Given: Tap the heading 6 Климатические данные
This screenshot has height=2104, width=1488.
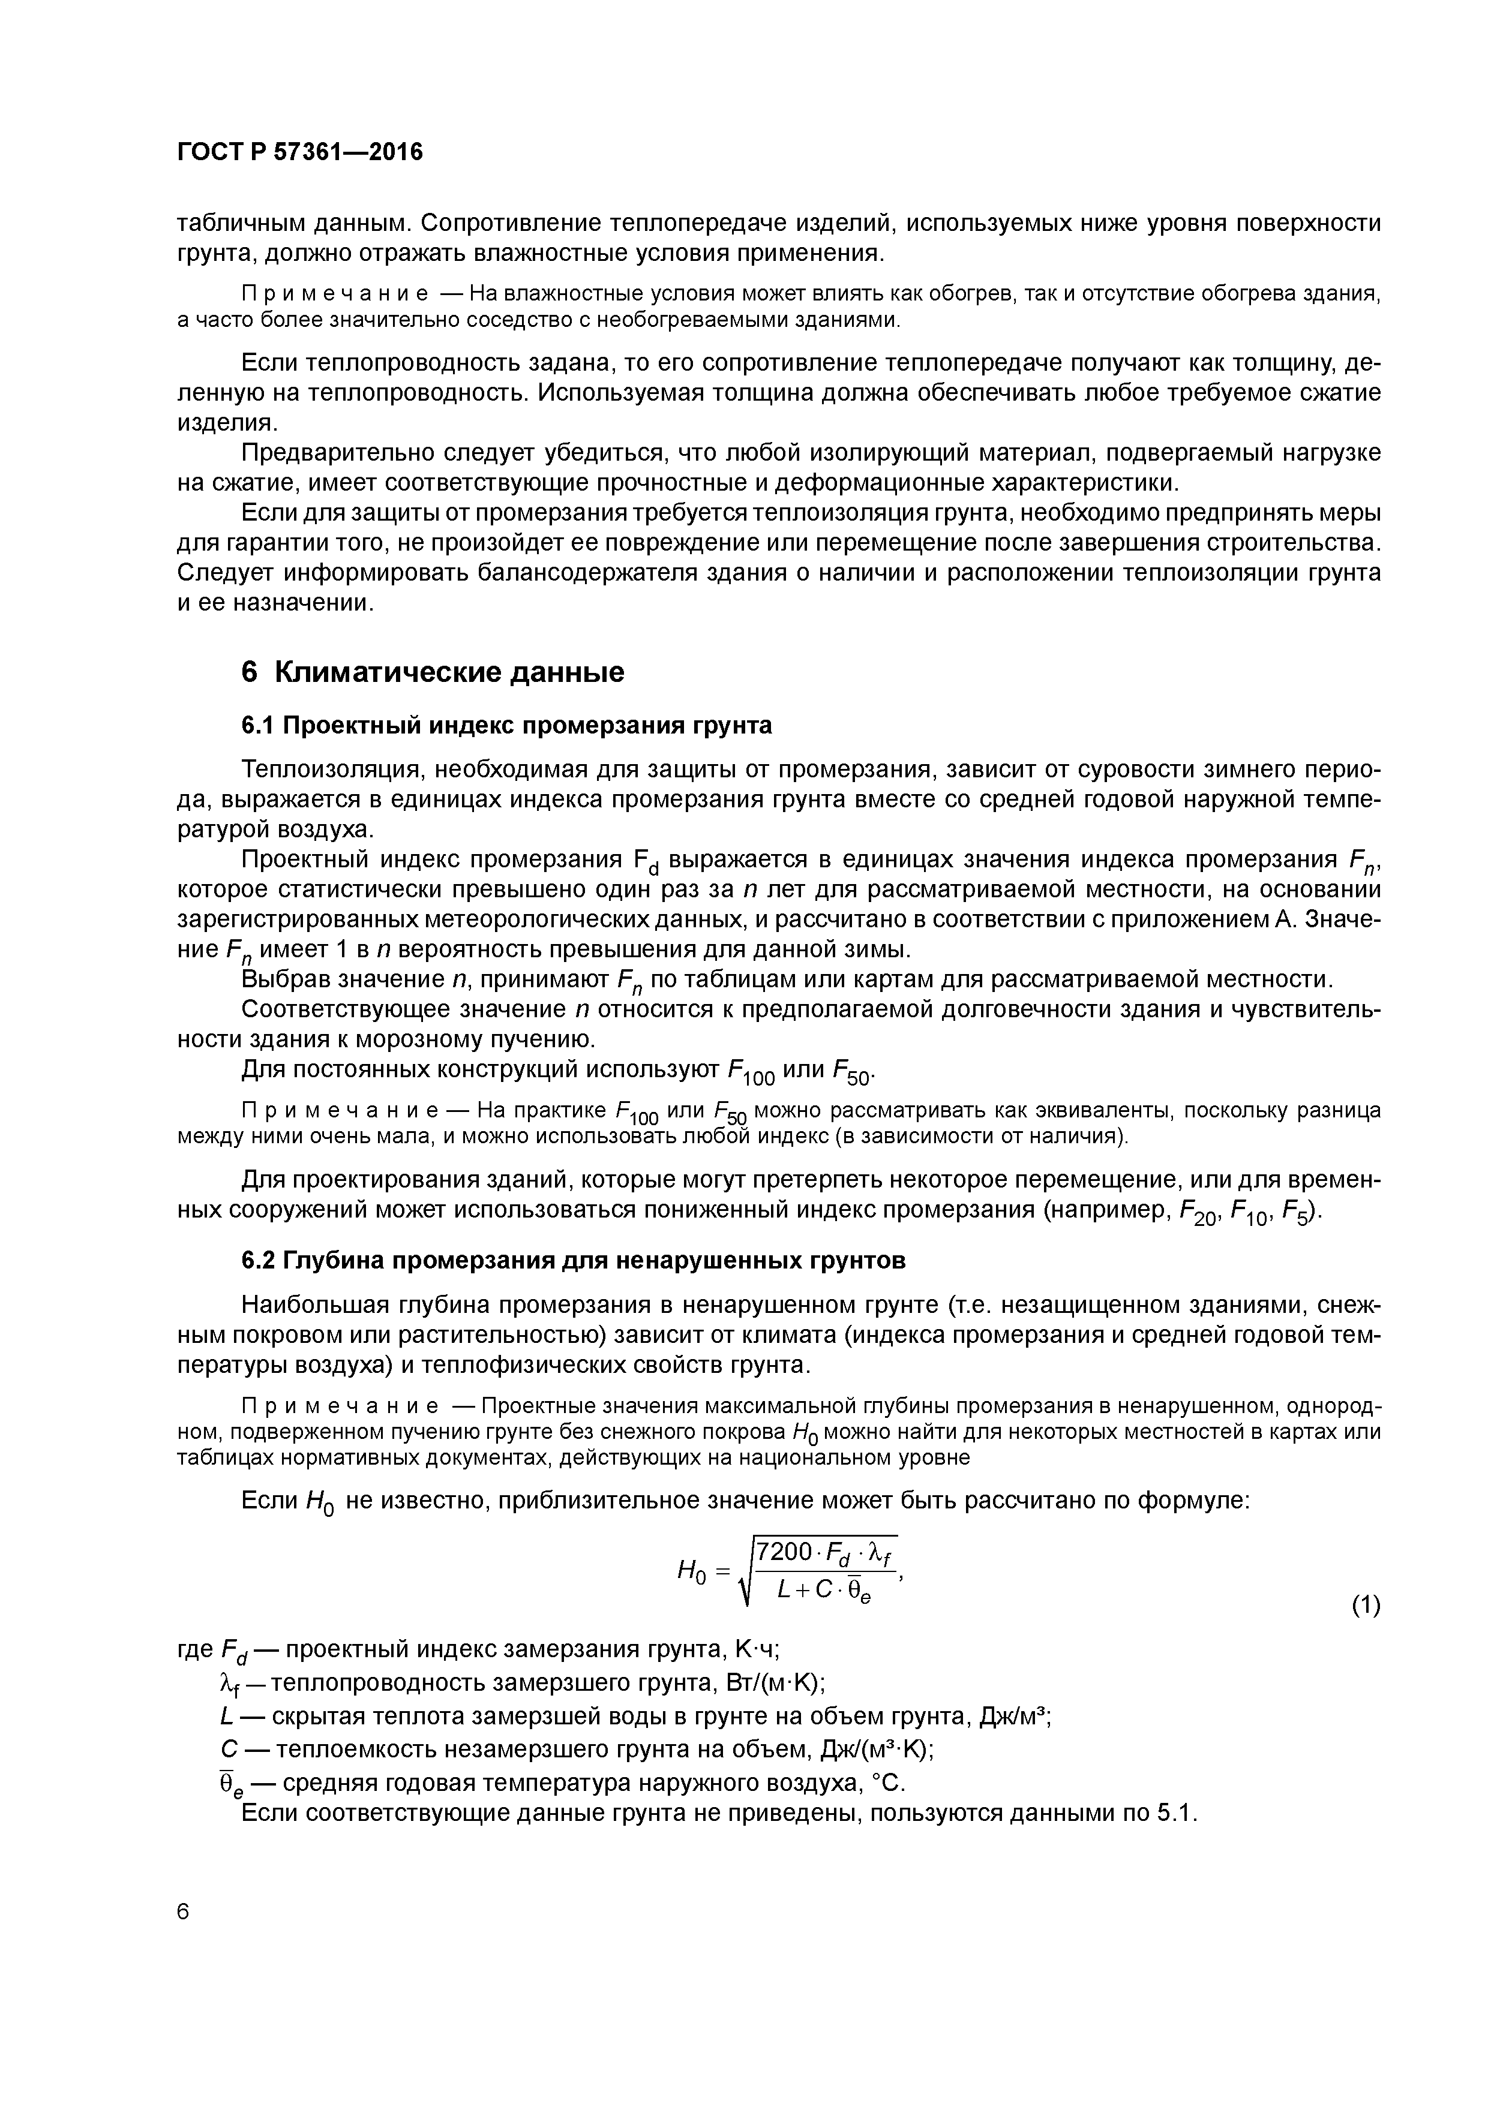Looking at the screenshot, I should [x=432, y=672].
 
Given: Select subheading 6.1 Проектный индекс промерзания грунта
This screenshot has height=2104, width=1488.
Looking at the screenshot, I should [x=506, y=726].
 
